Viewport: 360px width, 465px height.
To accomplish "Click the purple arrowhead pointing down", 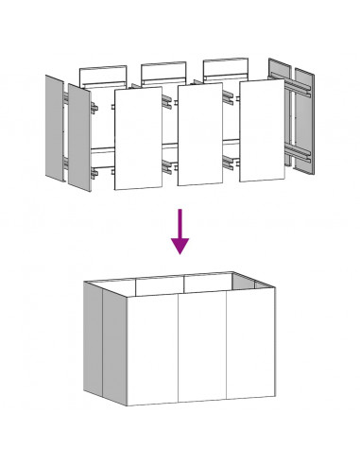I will pos(180,245).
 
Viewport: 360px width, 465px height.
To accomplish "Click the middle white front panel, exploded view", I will pos(199,137).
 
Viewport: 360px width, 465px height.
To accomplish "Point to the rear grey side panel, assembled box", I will pos(91,336).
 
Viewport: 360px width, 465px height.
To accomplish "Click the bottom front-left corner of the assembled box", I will pos(128,405).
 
